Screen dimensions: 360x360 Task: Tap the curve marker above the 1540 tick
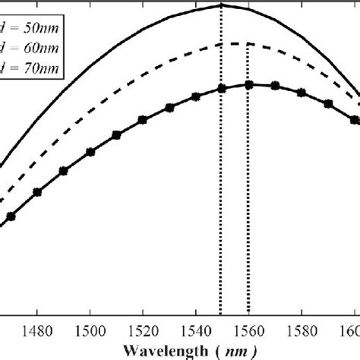[x=196, y=96]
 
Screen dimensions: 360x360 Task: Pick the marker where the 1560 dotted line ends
[x=249, y=85]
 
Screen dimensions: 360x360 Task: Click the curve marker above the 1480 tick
[x=37, y=191]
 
